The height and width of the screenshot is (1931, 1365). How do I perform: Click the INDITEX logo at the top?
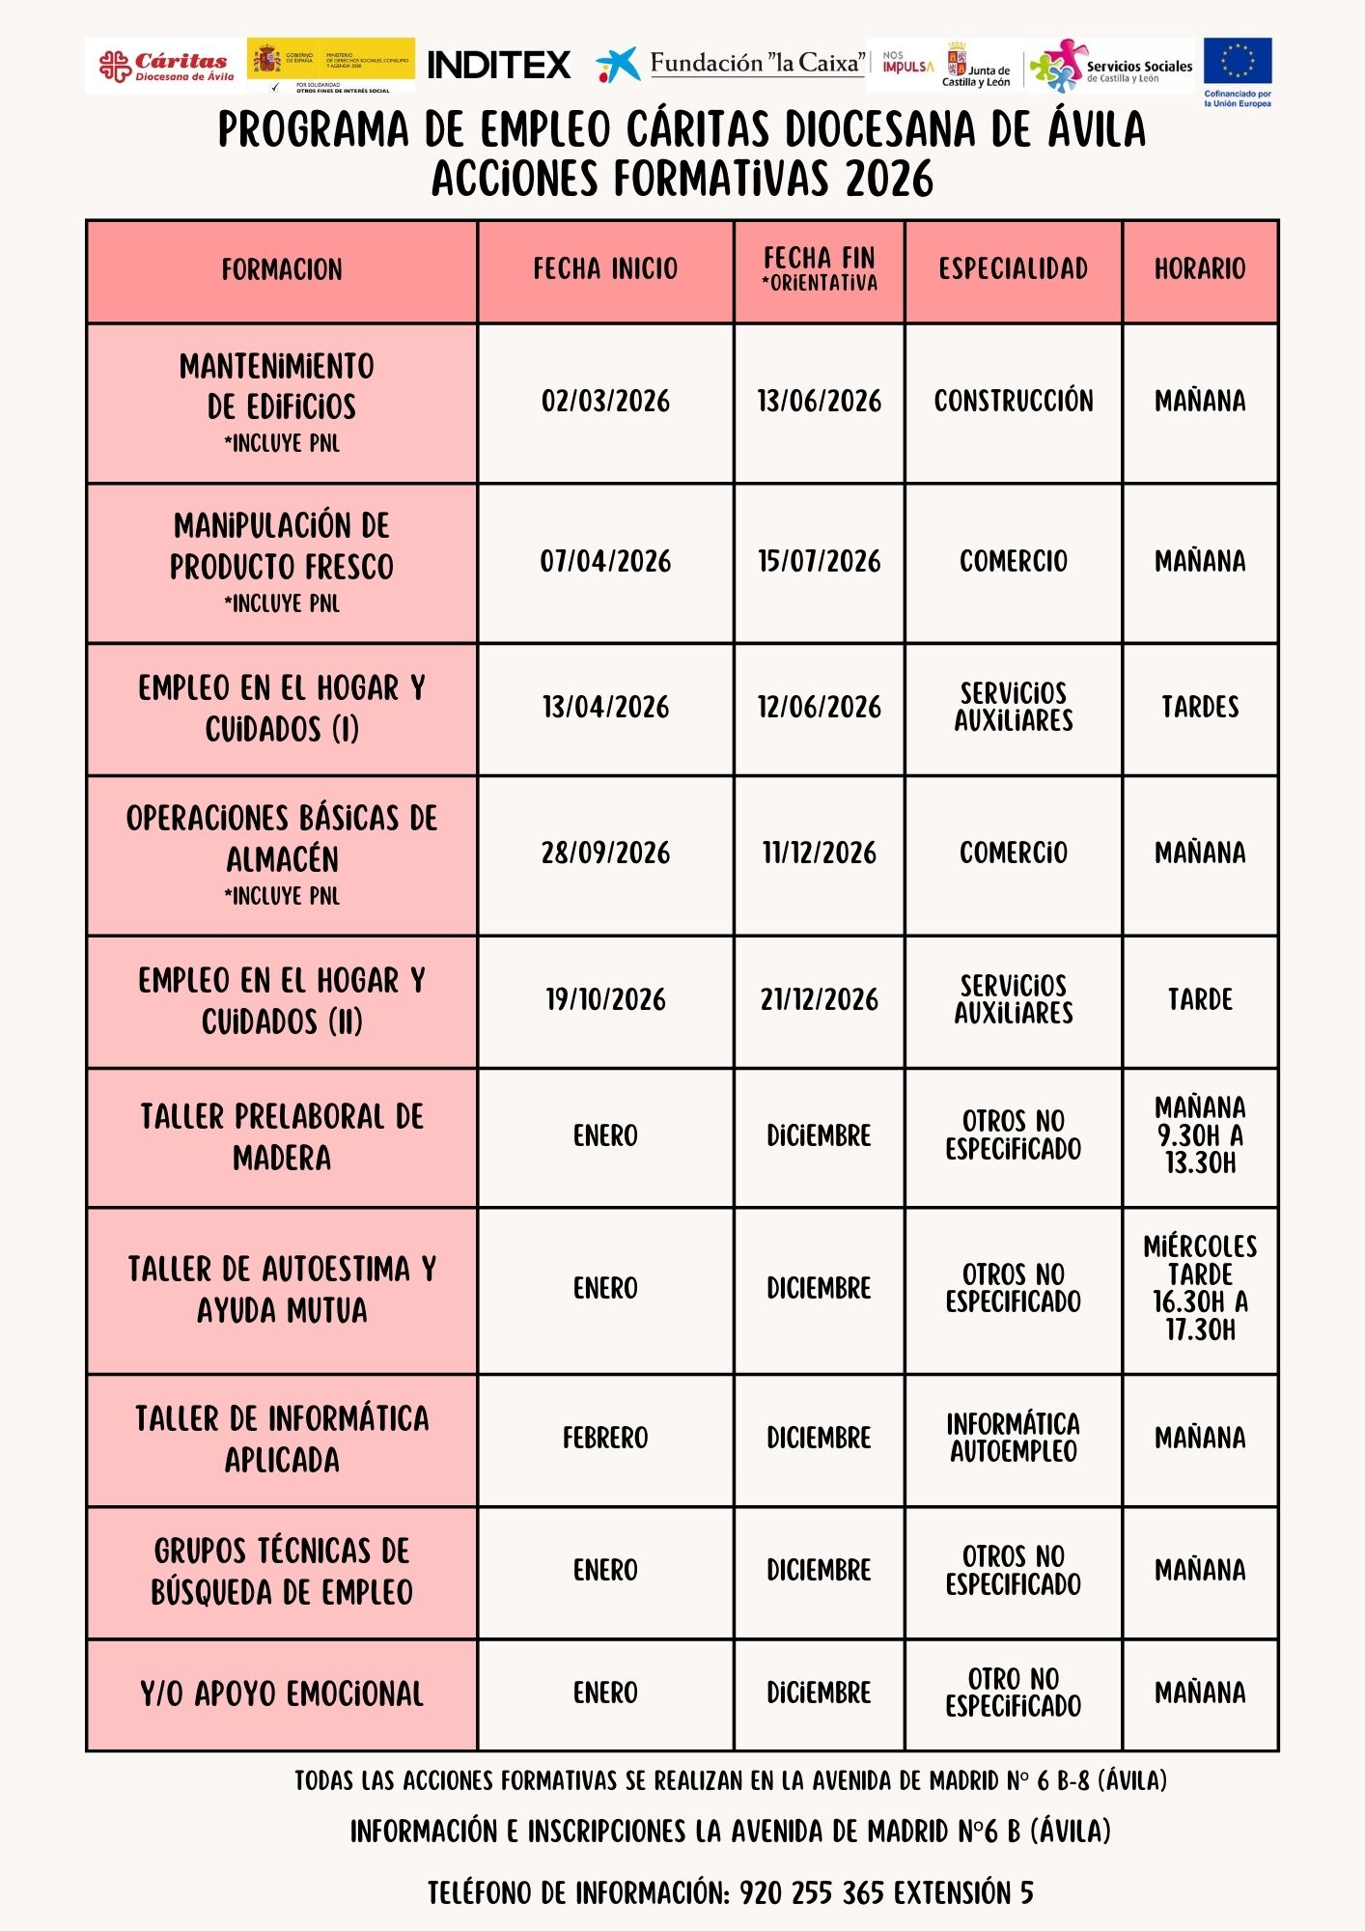pyautogui.click(x=498, y=65)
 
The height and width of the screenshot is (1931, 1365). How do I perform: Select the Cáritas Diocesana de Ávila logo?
pyautogui.click(x=165, y=66)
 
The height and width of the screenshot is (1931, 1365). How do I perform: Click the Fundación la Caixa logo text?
pyautogui.click(x=756, y=64)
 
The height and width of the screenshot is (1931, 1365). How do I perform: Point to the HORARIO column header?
pyautogui.click(x=1200, y=269)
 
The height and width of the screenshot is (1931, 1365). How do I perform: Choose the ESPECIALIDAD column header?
pyautogui.click(x=1013, y=269)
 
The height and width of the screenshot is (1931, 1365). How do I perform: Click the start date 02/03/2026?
pyautogui.click(x=605, y=402)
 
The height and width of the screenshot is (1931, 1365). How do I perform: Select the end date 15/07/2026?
pyautogui.click(x=819, y=562)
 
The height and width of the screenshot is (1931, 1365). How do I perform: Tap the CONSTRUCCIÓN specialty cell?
pyautogui.click(x=1013, y=402)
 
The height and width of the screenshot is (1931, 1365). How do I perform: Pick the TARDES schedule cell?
pyautogui.click(x=1200, y=708)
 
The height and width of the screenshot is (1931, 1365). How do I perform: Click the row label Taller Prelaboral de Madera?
pyautogui.click(x=282, y=1136)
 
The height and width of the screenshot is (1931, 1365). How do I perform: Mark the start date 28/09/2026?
pyautogui.click(x=605, y=854)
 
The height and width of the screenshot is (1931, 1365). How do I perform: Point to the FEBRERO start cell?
pyautogui.click(x=605, y=1439)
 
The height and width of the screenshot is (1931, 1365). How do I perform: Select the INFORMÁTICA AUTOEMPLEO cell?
pyautogui.click(x=1013, y=1439)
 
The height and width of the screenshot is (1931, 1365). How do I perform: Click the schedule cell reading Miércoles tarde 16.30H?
pyautogui.click(x=1200, y=1288)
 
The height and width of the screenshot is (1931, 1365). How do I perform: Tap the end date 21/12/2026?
pyautogui.click(x=819, y=1000)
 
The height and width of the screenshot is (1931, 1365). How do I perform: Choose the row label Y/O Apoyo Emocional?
pyautogui.click(x=282, y=1693)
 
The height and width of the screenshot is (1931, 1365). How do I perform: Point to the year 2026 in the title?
pyautogui.click(x=888, y=180)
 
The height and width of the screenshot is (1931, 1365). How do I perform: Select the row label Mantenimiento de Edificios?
pyautogui.click(x=282, y=386)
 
